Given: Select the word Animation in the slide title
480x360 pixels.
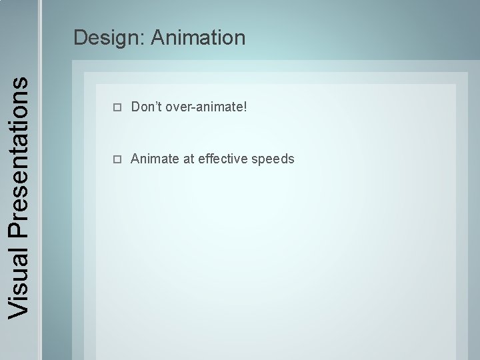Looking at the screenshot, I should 198,37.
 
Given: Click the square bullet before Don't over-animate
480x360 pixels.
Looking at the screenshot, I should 117,107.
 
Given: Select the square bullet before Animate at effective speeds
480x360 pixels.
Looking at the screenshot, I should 117,159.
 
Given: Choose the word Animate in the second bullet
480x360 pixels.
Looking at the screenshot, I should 155,159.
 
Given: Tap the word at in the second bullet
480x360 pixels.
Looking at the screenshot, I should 189,159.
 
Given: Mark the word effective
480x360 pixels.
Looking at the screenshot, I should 223,159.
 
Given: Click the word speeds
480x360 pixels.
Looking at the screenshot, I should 273,159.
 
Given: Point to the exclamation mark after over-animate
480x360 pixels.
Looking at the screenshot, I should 245,106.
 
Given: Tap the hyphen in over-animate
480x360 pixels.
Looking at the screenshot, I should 191,107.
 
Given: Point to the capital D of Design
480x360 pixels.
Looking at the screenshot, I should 81,37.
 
